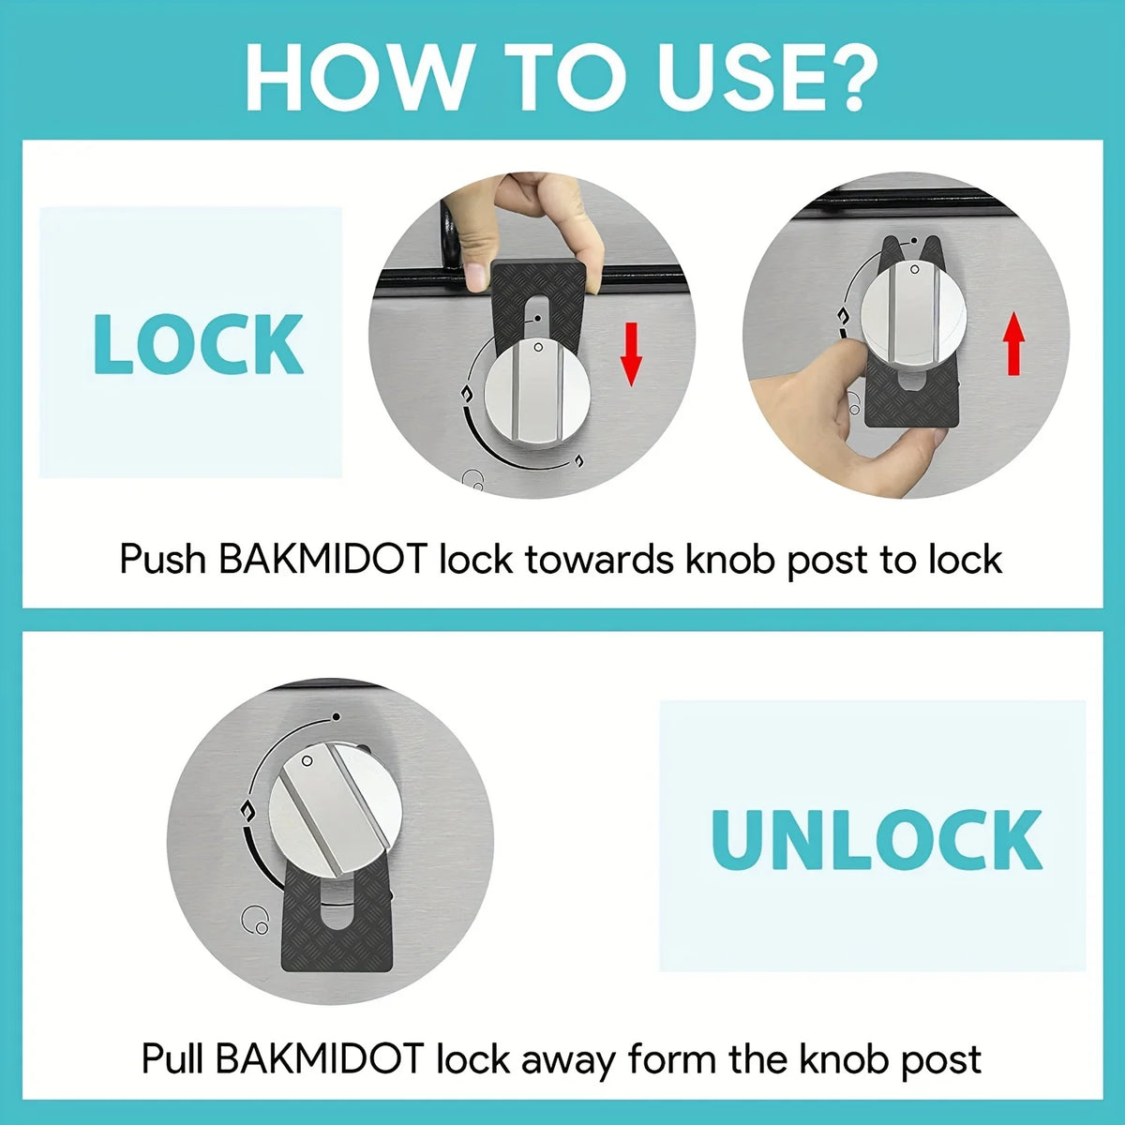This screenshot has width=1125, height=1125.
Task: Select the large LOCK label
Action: click(199, 344)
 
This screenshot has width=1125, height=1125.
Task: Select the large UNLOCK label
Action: click(877, 837)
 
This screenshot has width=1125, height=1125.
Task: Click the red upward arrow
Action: click(1012, 344)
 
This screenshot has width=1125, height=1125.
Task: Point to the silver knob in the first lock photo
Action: click(537, 392)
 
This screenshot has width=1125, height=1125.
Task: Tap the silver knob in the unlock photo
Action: click(330, 807)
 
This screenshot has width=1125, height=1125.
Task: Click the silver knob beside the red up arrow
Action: click(907, 315)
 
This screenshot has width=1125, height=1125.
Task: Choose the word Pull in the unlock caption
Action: click(172, 1059)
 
